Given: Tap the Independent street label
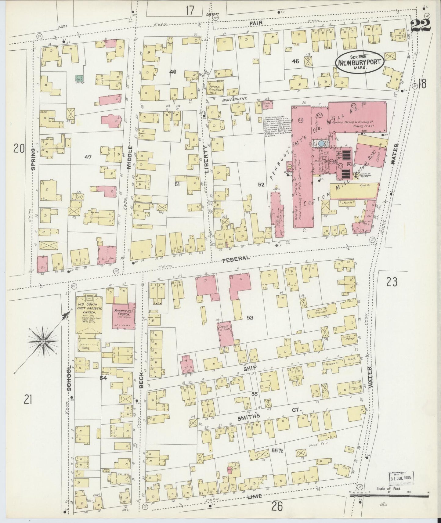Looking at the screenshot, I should [234, 99].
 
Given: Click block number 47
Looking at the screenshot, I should [88, 157].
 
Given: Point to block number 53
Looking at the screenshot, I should [250, 318].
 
